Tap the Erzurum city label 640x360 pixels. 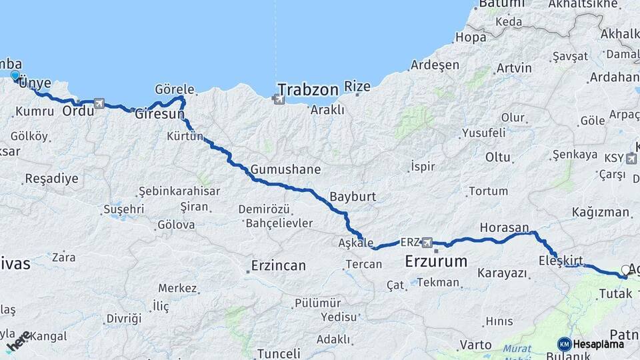[x=436, y=261]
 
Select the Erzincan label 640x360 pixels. [x=279, y=265]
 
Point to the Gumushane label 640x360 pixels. [x=285, y=169]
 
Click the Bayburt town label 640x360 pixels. [x=353, y=197]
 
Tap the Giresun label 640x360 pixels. [x=159, y=115]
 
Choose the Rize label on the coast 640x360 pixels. [x=357, y=87]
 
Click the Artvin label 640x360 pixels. [x=496, y=68]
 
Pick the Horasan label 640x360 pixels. [x=504, y=227]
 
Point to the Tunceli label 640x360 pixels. [x=279, y=353]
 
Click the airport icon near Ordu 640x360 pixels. [x=99, y=103]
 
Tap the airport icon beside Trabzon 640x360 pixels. [x=277, y=99]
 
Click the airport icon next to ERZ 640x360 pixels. [x=427, y=242]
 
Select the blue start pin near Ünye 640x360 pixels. [x=15, y=76]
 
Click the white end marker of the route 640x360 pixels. [x=625, y=270]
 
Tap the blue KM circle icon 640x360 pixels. [x=565, y=344]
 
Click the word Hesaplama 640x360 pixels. [x=599, y=344]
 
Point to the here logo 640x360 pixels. [x=18, y=341]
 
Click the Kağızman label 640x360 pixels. [x=600, y=213]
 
